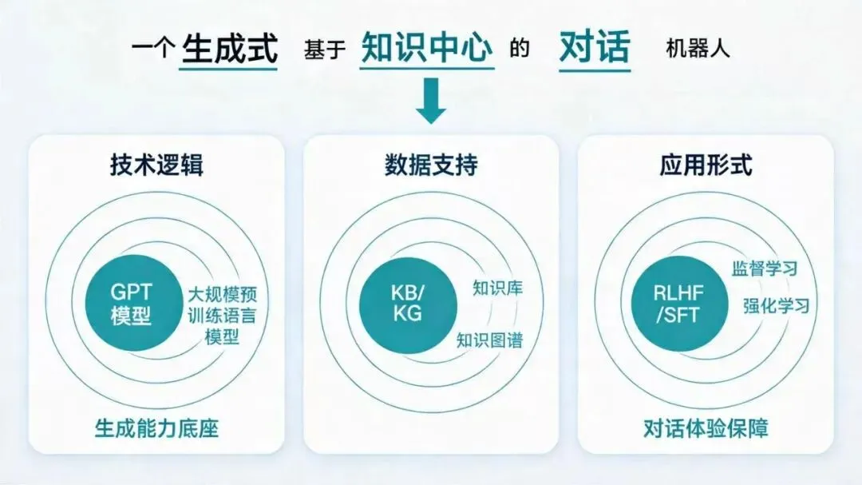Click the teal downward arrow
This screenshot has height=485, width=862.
coord(430,100)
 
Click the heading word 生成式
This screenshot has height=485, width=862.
coord(229,48)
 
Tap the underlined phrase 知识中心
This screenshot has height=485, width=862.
coord(426,46)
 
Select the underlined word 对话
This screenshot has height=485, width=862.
coord(595,47)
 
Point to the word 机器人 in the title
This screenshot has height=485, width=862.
coord(698,49)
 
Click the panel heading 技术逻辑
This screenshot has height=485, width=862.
coord(156,165)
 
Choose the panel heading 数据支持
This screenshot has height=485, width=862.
coord(431,165)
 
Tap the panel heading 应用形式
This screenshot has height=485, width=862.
coord(706,165)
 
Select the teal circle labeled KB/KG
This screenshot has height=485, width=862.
coord(408,304)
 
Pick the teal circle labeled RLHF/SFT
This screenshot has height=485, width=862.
coord(679,304)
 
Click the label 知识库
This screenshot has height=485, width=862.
coord(497,288)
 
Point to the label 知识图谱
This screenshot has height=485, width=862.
coord(489,340)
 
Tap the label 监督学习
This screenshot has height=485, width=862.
coord(764,268)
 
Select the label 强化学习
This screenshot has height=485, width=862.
coord(777,305)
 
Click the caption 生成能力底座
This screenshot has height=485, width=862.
coord(156,428)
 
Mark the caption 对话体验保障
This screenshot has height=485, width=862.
coord(706,428)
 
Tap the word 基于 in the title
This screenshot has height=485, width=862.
coord(324,49)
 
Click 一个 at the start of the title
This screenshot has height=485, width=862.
coord(152,49)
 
